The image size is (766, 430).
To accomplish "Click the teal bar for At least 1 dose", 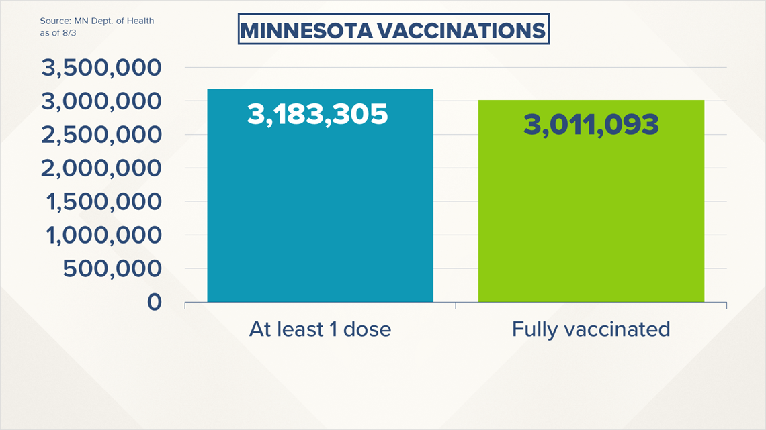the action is point(320,195).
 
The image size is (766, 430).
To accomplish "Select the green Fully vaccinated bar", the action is point(591,201).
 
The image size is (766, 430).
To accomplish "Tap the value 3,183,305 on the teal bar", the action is point(318,115).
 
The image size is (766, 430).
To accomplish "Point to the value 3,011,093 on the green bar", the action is point(591,125).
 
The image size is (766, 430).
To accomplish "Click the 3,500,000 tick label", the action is point(101,68).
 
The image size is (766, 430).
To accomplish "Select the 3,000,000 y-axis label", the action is point(101,101).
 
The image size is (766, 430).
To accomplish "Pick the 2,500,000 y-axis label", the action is point(101,135).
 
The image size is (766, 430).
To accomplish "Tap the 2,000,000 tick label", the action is point(101,168).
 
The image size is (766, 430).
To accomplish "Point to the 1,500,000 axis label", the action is point(103,202).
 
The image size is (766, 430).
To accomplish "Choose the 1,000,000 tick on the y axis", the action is point(103,235).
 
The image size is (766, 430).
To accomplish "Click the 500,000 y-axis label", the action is point(112,268).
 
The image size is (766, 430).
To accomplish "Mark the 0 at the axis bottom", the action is point(155,303).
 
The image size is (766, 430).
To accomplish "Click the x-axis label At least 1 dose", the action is point(320,329).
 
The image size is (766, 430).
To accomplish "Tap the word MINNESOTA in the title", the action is point(307,31).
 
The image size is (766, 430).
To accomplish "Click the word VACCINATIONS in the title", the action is point(461,31).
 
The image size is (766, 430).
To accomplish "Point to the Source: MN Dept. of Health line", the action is point(97,21).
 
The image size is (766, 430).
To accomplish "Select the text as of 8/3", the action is point(58,33).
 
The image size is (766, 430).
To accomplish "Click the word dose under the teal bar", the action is point(367,329).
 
